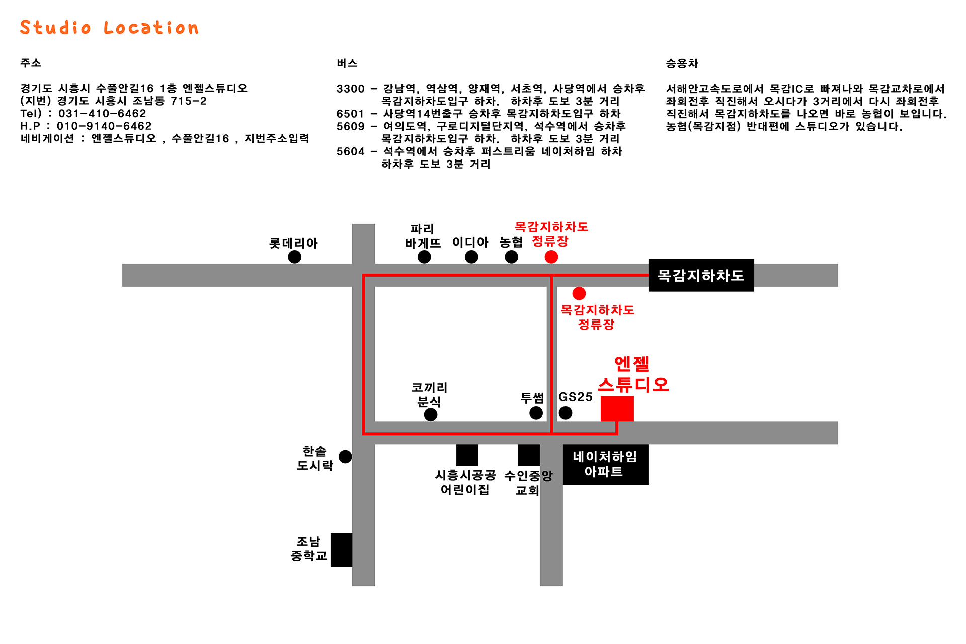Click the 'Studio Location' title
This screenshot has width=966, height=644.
point(109,28)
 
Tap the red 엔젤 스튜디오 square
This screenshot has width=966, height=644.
point(617,409)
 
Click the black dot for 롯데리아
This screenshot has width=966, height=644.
point(295,257)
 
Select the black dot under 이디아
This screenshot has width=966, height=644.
point(471,257)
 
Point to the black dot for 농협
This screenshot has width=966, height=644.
point(512,257)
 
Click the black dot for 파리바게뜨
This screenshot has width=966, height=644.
point(424,257)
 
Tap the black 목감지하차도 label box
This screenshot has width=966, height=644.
point(701,275)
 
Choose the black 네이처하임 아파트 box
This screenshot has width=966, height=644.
point(606,464)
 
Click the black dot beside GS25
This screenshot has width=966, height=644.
point(566,413)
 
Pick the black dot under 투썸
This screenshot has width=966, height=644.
point(536,413)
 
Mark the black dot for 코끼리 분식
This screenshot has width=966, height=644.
point(431,415)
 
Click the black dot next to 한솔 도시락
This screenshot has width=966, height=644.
point(345,457)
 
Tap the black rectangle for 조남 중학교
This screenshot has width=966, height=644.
point(341,550)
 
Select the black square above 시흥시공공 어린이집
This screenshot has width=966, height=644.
point(467,455)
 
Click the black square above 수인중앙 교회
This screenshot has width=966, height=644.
point(529,455)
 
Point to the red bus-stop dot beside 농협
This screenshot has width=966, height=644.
point(551,257)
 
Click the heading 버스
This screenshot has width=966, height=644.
point(347,63)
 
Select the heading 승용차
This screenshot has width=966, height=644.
point(682,63)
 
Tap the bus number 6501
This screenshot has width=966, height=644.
point(350,114)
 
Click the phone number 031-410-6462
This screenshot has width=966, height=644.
point(102,114)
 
